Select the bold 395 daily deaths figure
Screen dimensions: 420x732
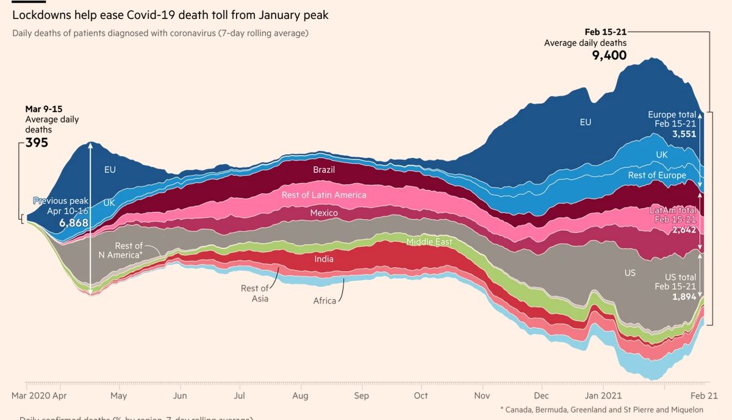37,143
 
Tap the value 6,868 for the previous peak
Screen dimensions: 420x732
74,223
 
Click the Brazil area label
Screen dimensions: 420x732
324,170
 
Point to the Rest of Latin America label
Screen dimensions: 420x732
324,195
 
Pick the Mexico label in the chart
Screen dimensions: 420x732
324,213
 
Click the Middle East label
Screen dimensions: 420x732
429,242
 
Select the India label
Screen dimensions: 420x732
324,259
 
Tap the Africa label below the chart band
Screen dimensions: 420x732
325,301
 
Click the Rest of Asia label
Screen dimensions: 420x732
254,294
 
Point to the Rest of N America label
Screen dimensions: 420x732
120,250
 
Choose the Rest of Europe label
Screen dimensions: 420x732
657,175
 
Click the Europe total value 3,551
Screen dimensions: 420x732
684,134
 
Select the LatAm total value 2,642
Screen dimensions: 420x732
684,230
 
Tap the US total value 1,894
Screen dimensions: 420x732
684,297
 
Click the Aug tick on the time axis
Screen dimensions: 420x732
300,396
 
